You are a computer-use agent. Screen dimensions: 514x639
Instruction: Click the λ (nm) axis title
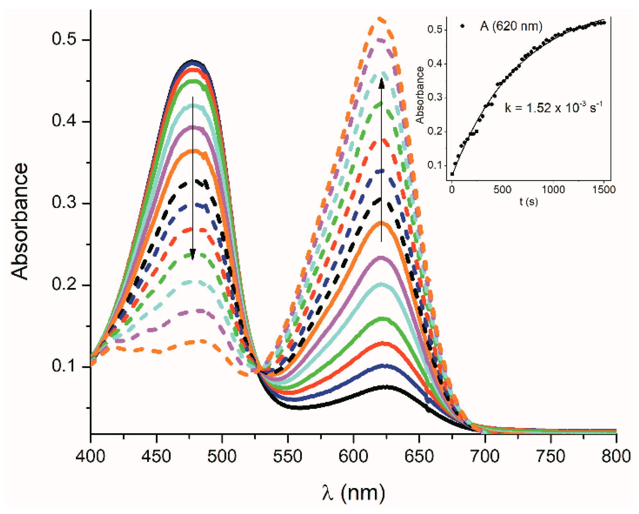point(353,493)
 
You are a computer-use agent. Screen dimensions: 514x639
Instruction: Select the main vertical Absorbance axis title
point(20,221)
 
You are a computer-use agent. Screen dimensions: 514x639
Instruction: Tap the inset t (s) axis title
point(528,202)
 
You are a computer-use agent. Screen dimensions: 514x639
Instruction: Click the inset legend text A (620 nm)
point(511,26)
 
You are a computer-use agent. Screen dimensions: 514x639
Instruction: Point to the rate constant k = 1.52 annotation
point(553,108)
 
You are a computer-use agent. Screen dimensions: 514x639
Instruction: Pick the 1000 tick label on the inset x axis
point(553,190)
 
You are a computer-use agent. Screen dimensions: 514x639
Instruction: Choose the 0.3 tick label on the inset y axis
point(435,97)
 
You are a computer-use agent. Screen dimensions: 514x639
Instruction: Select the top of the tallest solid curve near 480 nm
point(192,61)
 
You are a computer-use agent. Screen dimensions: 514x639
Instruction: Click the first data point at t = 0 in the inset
point(452,174)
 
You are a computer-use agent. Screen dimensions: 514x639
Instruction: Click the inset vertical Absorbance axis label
point(420,95)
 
